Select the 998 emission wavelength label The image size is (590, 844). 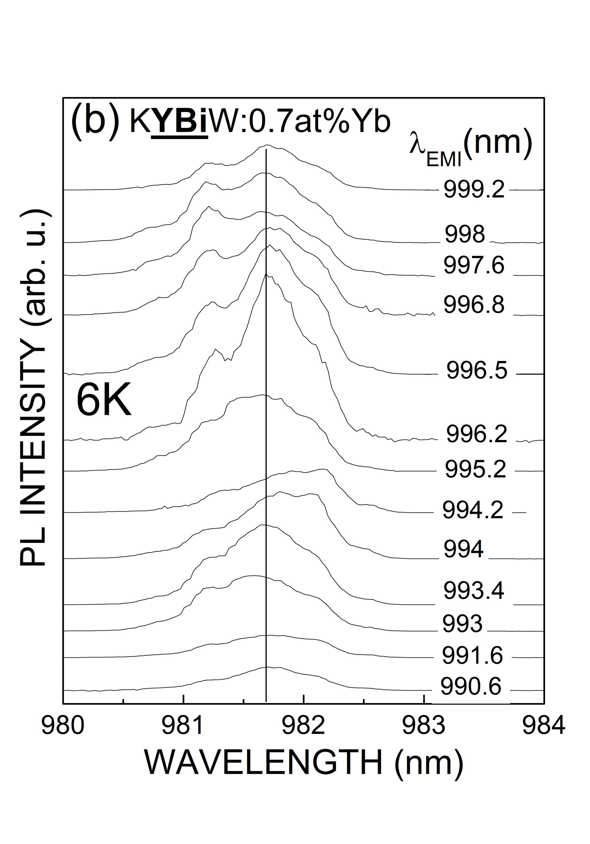pyautogui.click(x=465, y=234)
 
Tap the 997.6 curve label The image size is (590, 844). pyautogui.click(x=474, y=265)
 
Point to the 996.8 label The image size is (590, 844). pyautogui.click(x=474, y=305)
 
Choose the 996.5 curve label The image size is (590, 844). pyautogui.click(x=477, y=370)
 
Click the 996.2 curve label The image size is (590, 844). pyautogui.click(x=477, y=434)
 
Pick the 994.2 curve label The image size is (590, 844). pyautogui.click(x=473, y=510)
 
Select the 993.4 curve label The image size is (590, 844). pyautogui.click(x=474, y=591)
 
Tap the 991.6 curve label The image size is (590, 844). pyautogui.click(x=472, y=655)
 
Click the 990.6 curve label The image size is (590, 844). pyautogui.click(x=471, y=686)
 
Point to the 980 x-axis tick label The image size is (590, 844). pyautogui.click(x=63, y=726)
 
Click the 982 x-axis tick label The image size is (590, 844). pyautogui.click(x=304, y=726)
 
